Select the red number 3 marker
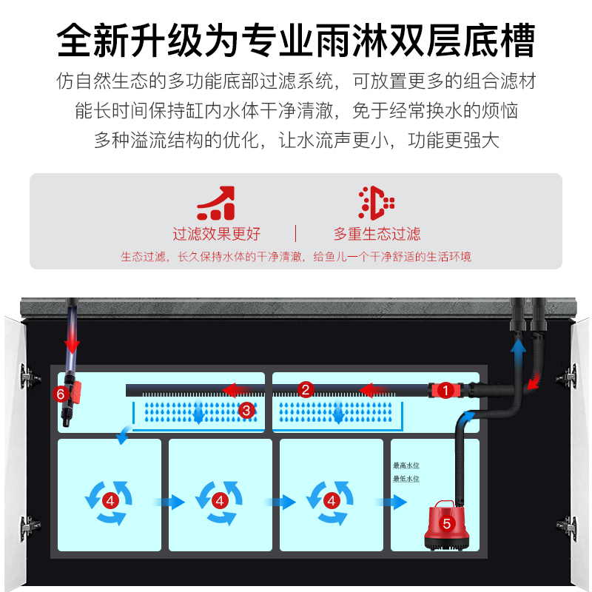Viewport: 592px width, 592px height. [x=247, y=409]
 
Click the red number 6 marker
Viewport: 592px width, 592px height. [x=61, y=394]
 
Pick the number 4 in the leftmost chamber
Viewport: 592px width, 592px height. [x=110, y=501]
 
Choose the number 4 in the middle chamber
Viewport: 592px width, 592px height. [x=220, y=501]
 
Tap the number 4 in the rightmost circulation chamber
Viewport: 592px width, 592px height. [x=331, y=501]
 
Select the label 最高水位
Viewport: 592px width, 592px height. [x=406, y=465]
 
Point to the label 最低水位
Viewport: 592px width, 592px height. [x=406, y=479]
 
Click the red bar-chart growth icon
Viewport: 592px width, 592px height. [x=216, y=203]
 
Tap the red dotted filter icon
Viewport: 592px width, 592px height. [x=376, y=203]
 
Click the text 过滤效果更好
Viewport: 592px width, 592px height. [x=217, y=235]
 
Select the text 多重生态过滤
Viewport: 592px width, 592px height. [x=377, y=235]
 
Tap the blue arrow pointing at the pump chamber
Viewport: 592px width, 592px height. [x=391, y=502]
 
